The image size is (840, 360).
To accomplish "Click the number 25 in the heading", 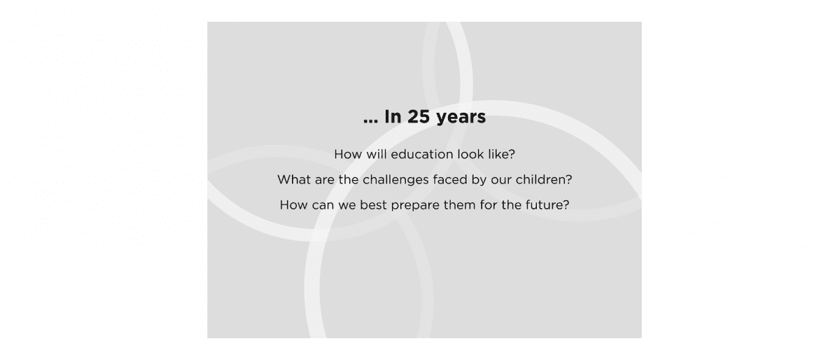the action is [x=418, y=116].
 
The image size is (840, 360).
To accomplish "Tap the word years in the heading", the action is [x=461, y=118].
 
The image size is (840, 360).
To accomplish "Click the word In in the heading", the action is [x=393, y=116].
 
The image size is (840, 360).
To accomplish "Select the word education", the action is [x=422, y=154].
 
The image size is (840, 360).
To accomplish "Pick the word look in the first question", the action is [x=470, y=154].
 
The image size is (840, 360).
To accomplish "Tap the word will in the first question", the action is [x=376, y=154].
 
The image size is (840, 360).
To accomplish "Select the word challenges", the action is [x=395, y=181].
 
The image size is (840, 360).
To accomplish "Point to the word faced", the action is [x=450, y=179].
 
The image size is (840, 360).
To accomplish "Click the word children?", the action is [x=544, y=179].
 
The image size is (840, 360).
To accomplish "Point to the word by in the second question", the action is [x=479, y=181].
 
